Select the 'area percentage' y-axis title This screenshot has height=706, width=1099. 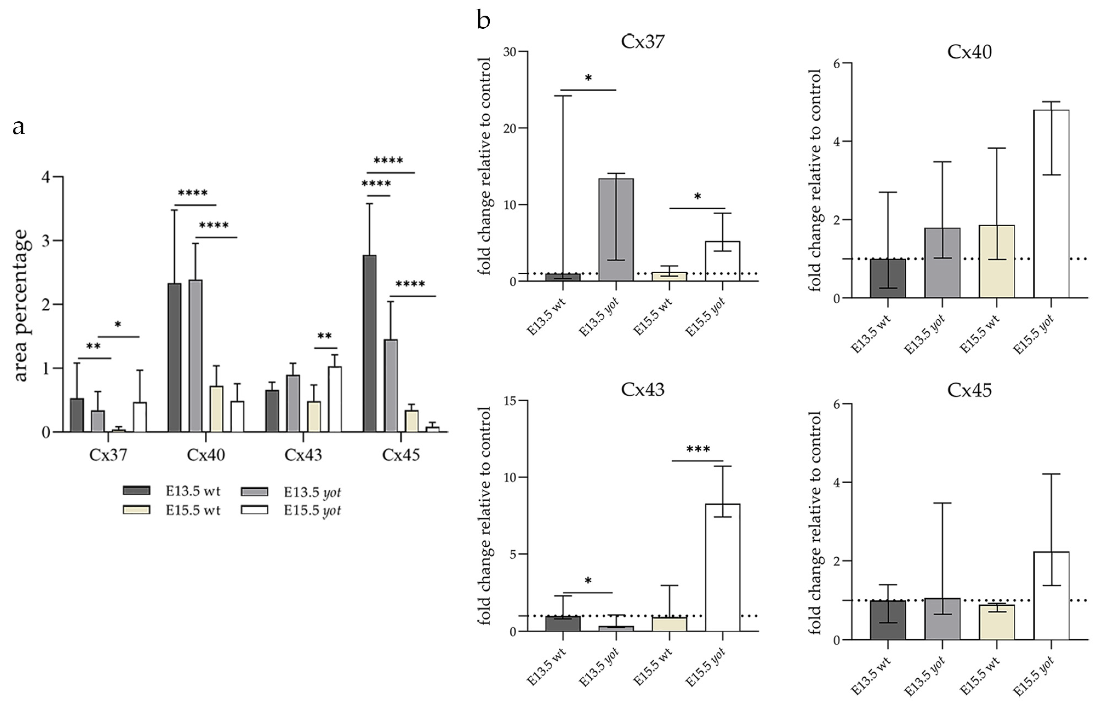[21, 305]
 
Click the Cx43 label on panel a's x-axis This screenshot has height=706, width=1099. [303, 455]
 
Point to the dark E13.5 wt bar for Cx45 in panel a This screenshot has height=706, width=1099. [370, 343]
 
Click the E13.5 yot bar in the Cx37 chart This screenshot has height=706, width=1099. [616, 230]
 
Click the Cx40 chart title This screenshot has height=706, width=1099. [969, 52]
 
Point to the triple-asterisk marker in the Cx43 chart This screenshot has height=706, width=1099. [698, 449]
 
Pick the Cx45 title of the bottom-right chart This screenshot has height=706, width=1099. [969, 391]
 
